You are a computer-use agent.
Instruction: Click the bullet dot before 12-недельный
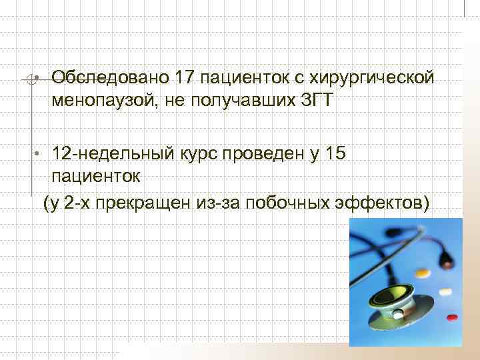click(x=39, y=154)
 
